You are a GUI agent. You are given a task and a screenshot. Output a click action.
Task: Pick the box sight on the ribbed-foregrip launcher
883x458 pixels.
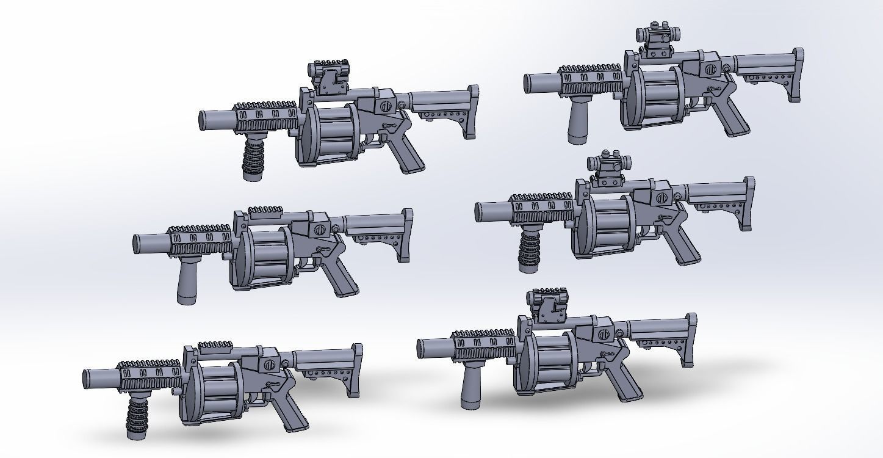click(x=329, y=78)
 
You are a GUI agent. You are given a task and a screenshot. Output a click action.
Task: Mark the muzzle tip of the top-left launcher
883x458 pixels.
click(x=204, y=120)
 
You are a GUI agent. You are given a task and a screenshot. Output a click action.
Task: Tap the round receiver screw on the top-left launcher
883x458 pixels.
click(x=386, y=106)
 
